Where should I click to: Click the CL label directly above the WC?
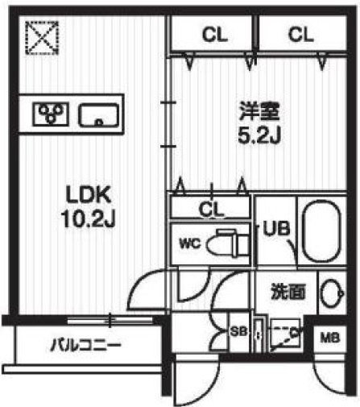(x=211, y=210)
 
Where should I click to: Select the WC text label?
(x=188, y=242)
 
